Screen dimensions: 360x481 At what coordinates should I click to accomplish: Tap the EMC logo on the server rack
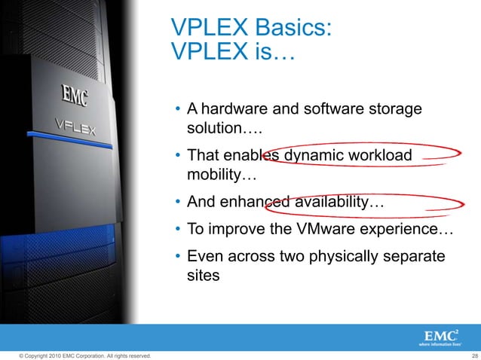click(x=74, y=96)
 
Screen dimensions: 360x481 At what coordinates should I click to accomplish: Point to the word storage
click(x=396, y=109)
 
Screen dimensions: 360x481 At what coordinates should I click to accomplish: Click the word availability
click(x=330, y=203)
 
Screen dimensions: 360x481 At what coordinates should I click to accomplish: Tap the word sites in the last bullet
click(x=204, y=276)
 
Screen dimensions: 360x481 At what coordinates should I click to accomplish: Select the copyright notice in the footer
click(x=78, y=355)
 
